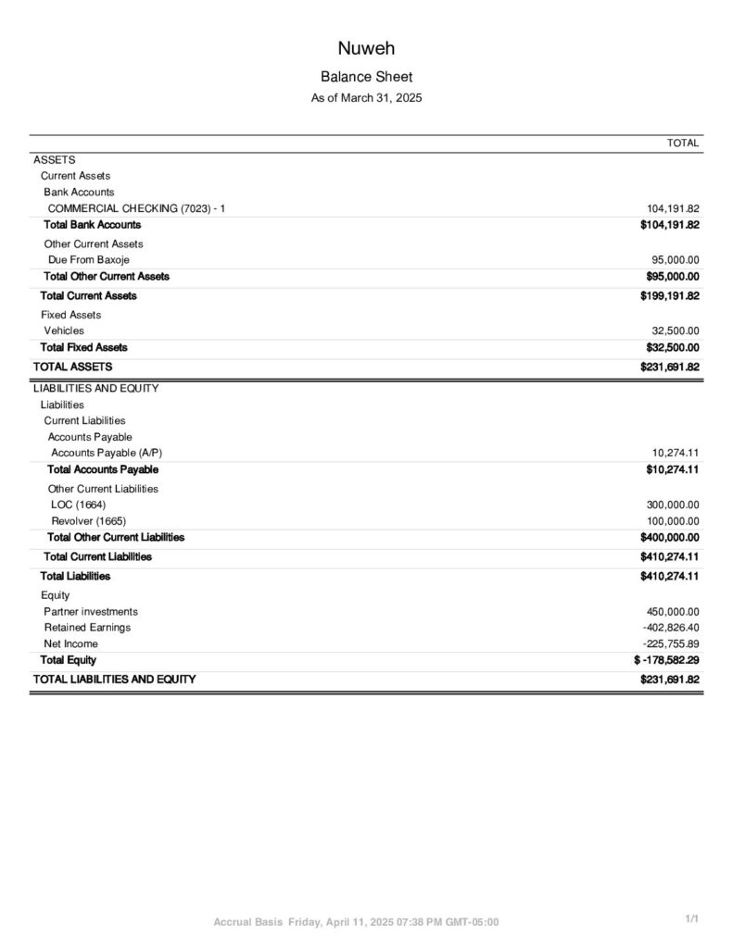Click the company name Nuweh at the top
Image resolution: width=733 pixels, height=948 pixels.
pos(366,49)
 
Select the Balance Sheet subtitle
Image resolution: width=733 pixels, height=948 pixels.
pos(366,77)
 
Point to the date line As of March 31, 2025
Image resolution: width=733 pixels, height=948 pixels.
pos(366,97)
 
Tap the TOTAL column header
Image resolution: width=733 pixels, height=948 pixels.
pos(683,143)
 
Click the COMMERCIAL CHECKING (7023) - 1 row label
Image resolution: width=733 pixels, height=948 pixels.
pos(136,208)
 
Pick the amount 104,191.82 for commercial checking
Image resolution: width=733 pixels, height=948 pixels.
pos(673,208)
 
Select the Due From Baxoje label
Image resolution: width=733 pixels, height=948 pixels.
pos(89,260)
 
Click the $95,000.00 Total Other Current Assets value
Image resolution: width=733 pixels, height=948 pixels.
pos(672,276)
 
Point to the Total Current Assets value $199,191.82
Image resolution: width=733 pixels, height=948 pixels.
pos(669,296)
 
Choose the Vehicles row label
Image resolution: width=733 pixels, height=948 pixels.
pos(64,331)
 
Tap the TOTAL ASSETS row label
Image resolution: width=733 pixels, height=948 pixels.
pos(73,367)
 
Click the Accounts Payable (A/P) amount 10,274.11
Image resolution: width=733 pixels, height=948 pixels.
pos(676,453)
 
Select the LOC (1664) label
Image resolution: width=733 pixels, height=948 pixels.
pos(79,505)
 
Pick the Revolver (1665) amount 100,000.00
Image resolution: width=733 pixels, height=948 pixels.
pos(673,521)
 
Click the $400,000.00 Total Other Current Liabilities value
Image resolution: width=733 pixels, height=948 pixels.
pos(669,537)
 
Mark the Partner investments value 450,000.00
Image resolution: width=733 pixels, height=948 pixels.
pos(673,612)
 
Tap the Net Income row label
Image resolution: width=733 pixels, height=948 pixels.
pos(70,643)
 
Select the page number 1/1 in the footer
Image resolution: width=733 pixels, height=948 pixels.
pos(691,918)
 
